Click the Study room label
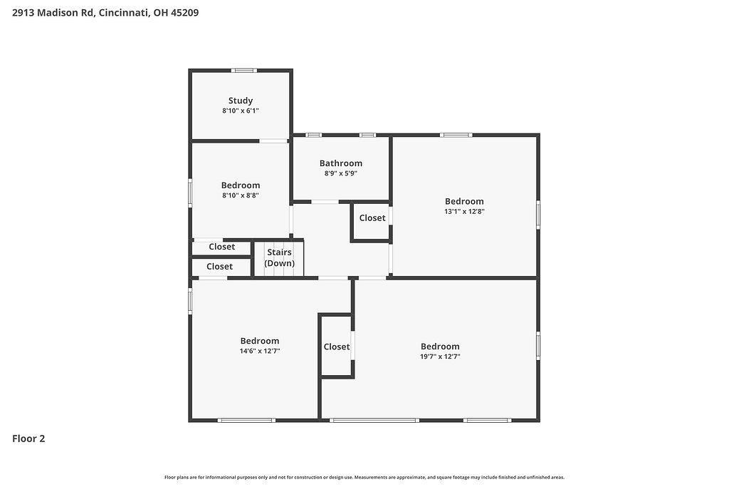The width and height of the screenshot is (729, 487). coord(241,101)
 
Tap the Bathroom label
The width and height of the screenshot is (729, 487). coord(341,163)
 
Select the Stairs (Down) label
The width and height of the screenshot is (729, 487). coord(279,257)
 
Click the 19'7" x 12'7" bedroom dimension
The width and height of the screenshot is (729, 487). coord(440,357)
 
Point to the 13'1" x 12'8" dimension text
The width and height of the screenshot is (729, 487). coord(464,211)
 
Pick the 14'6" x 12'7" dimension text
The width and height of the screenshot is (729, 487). coord(259,351)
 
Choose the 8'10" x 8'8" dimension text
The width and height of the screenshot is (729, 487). coord(241,195)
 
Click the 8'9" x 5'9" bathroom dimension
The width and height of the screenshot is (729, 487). coord(341,174)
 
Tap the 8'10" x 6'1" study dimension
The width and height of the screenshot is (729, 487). coord(241,111)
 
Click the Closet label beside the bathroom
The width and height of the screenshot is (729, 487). coord(372,218)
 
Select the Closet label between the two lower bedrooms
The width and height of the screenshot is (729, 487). coord(337,347)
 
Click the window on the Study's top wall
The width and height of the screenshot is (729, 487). coord(243,71)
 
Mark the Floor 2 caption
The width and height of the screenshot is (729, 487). coord(28,439)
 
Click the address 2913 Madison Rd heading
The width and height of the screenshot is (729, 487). coord(53,13)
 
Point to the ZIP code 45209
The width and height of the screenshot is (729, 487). coord(184,13)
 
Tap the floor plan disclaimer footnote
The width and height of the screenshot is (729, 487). coord(364,477)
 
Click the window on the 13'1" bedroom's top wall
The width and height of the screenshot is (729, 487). coord(456,135)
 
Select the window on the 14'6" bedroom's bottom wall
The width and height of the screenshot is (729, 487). coord(246,421)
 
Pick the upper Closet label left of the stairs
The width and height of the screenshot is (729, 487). coord(222,247)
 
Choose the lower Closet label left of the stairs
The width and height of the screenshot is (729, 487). coord(219,267)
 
